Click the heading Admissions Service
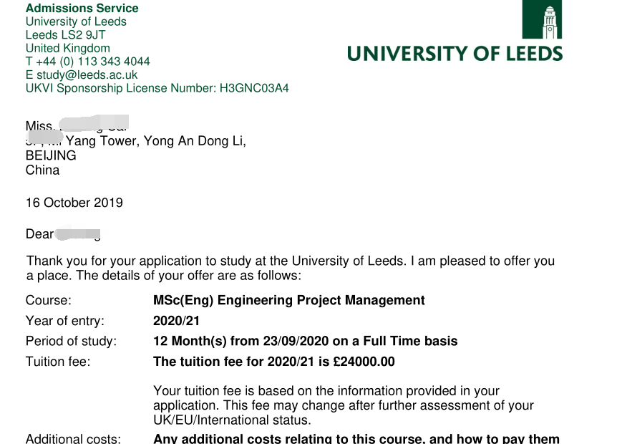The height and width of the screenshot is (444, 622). (x=82, y=9)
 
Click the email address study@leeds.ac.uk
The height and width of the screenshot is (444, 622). (x=87, y=75)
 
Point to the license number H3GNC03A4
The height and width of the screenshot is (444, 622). (x=254, y=89)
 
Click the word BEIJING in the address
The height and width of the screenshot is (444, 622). (x=51, y=155)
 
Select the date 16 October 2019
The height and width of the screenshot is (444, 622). (x=74, y=203)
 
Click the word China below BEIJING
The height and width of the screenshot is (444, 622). (x=42, y=170)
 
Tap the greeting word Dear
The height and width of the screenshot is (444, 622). (x=40, y=234)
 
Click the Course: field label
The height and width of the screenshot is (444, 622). (x=49, y=301)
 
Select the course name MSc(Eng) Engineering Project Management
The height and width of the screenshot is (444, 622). (x=289, y=301)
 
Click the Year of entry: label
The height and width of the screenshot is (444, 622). (x=65, y=321)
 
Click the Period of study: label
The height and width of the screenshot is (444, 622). (x=71, y=342)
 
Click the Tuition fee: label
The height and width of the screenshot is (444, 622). (x=58, y=362)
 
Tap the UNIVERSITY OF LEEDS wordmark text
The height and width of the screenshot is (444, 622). (x=455, y=54)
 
